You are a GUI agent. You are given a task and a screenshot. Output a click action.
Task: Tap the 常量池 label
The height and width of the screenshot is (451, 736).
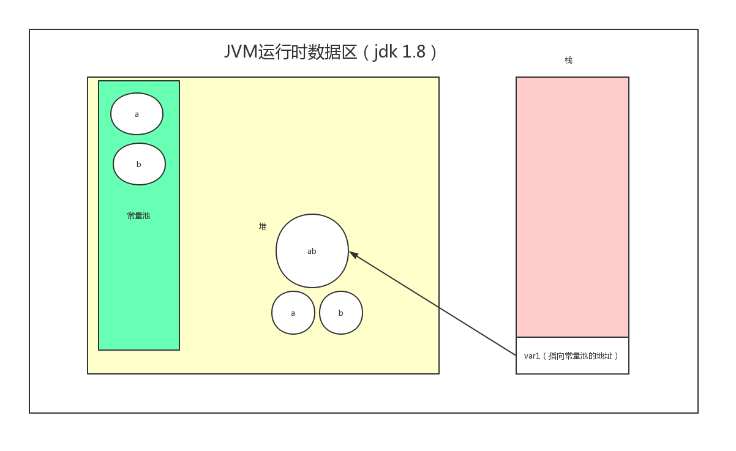pos(138,215)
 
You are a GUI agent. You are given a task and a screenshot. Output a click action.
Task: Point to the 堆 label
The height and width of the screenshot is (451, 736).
pos(263,226)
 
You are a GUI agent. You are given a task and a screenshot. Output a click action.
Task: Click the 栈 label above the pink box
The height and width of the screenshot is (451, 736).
pos(568,60)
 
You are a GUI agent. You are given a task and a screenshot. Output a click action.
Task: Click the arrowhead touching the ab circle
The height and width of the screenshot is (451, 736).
pos(353,254)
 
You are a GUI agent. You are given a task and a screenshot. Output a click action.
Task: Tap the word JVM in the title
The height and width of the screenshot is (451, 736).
pos(241,51)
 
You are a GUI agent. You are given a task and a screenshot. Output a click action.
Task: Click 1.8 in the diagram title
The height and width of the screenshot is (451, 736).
pos(413,51)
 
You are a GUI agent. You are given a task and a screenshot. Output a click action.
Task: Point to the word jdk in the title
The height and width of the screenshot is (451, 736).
pos(385,51)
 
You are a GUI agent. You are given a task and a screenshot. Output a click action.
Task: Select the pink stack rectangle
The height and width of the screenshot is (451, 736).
pos(572,206)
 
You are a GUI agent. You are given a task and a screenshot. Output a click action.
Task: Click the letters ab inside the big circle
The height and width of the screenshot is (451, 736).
pos(312,251)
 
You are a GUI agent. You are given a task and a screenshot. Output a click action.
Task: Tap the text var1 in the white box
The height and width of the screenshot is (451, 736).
pos(531,356)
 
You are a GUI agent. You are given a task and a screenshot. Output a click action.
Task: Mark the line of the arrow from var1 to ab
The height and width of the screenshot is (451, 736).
pos(433,304)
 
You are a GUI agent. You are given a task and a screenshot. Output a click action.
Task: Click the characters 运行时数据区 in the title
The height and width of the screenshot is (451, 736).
pos(307,51)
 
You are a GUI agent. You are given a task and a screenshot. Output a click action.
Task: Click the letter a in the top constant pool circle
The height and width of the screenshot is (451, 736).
pos(137,114)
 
